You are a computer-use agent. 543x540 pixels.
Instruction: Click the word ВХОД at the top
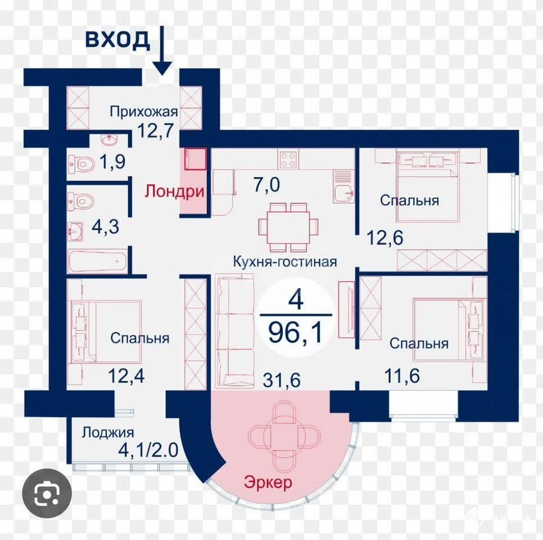(117, 39)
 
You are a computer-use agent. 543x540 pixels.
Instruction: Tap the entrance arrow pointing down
(162, 51)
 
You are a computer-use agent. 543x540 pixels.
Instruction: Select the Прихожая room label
(144, 112)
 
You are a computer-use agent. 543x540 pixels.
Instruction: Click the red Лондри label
(174, 191)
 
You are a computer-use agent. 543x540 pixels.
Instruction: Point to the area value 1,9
(112, 161)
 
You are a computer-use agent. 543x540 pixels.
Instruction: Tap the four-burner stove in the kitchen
(288, 159)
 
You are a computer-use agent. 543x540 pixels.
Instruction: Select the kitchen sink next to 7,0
(343, 186)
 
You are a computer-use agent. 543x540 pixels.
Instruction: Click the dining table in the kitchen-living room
(288, 227)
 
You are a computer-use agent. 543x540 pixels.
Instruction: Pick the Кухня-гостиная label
(284, 262)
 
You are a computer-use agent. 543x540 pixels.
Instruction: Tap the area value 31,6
(282, 380)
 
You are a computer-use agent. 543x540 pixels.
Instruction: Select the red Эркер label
(268, 482)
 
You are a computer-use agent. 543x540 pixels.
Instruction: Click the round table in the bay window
(284, 433)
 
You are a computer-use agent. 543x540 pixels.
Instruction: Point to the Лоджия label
(108, 433)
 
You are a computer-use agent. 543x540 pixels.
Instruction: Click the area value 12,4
(126, 376)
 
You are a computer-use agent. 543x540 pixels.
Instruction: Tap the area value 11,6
(402, 376)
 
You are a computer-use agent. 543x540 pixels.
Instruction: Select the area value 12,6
(384, 238)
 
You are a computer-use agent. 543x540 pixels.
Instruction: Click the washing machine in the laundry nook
(195, 159)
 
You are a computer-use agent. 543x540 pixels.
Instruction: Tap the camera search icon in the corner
(47, 493)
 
